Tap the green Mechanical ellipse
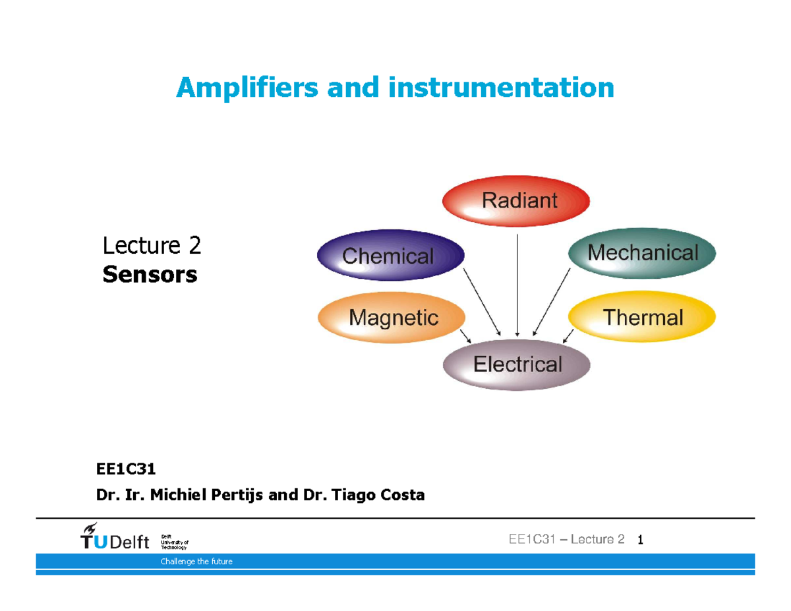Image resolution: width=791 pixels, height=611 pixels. [642, 253]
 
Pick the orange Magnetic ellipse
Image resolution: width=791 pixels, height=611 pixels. [392, 318]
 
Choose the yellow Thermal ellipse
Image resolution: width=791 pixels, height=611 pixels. [642, 318]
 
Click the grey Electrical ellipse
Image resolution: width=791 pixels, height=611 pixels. [517, 364]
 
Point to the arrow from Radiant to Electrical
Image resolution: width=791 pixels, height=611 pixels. [517, 283]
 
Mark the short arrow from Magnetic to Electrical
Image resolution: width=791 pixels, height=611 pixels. [465, 335]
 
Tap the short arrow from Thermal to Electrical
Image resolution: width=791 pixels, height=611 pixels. [568, 335]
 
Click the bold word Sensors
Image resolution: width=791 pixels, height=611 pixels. [150, 274]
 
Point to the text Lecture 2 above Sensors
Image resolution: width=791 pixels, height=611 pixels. [152, 246]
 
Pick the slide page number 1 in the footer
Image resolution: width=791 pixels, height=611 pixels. [640, 540]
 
